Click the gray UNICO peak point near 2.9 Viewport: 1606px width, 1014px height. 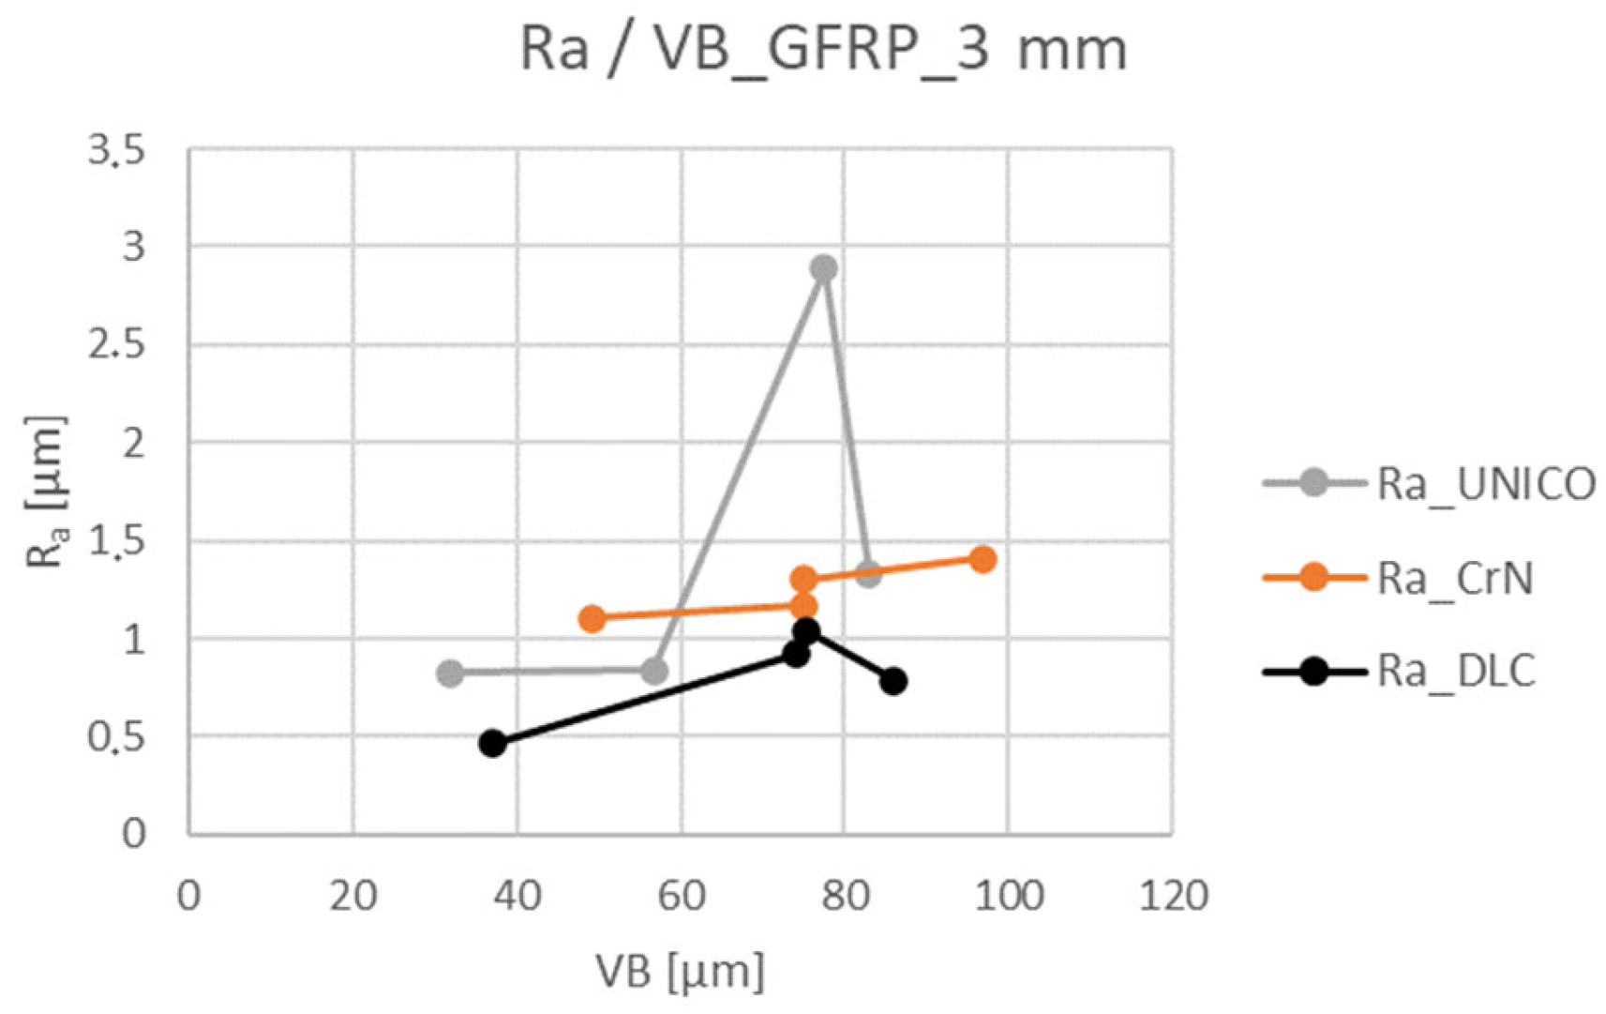coord(823,269)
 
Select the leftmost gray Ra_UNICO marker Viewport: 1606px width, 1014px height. coord(450,673)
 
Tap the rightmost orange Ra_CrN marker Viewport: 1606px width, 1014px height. coord(982,559)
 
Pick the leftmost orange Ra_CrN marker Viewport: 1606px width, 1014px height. coord(592,618)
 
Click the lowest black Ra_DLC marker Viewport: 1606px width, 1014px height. coord(492,743)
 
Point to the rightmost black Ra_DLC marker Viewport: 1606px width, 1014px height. coord(893,681)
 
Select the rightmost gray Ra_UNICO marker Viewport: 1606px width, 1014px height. coord(868,574)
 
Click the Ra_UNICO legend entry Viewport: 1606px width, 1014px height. coord(1485,484)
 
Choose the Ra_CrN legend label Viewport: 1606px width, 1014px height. coord(1455,578)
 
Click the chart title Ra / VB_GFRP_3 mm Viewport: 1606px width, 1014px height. coord(823,49)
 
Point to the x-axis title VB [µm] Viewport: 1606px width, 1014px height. coord(681,972)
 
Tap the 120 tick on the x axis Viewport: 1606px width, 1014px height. coord(1173,896)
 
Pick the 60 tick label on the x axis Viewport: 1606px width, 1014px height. coord(682,896)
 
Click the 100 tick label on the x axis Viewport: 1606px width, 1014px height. coord(1009,896)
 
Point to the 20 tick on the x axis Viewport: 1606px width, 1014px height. coord(353,896)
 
